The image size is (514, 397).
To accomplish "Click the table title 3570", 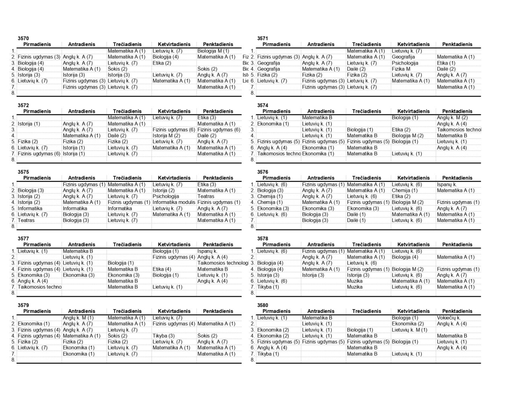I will click(x=23, y=39).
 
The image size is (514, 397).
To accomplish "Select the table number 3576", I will click(x=263, y=172).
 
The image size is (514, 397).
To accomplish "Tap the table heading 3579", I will click(x=23, y=305).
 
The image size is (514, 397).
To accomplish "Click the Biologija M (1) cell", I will click(x=213, y=51).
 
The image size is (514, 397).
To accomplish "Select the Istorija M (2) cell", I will click(x=166, y=136).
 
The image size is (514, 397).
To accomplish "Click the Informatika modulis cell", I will click(x=173, y=202).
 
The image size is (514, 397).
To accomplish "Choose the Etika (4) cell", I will click(x=162, y=269).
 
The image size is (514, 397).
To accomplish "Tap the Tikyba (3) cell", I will click(x=163, y=336).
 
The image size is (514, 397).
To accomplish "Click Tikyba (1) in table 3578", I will click(x=268, y=287).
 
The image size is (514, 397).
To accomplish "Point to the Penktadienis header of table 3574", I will click(x=457, y=112).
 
